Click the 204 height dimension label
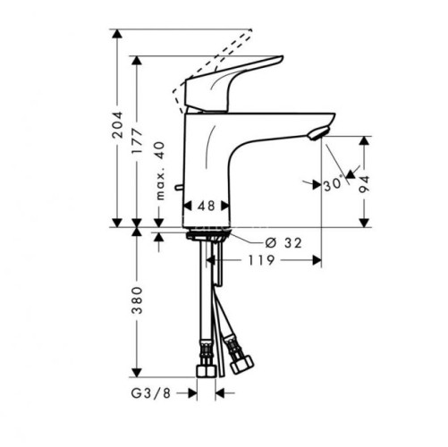[x=117, y=124]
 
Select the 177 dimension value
[x=138, y=141]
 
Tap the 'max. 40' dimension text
[x=160, y=171]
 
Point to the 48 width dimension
[x=207, y=206]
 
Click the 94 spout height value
[x=364, y=184]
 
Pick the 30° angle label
[x=334, y=184]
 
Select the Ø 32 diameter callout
[x=283, y=243]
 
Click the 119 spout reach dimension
[x=261, y=260]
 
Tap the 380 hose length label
[x=138, y=300]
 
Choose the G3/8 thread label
[x=151, y=393]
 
